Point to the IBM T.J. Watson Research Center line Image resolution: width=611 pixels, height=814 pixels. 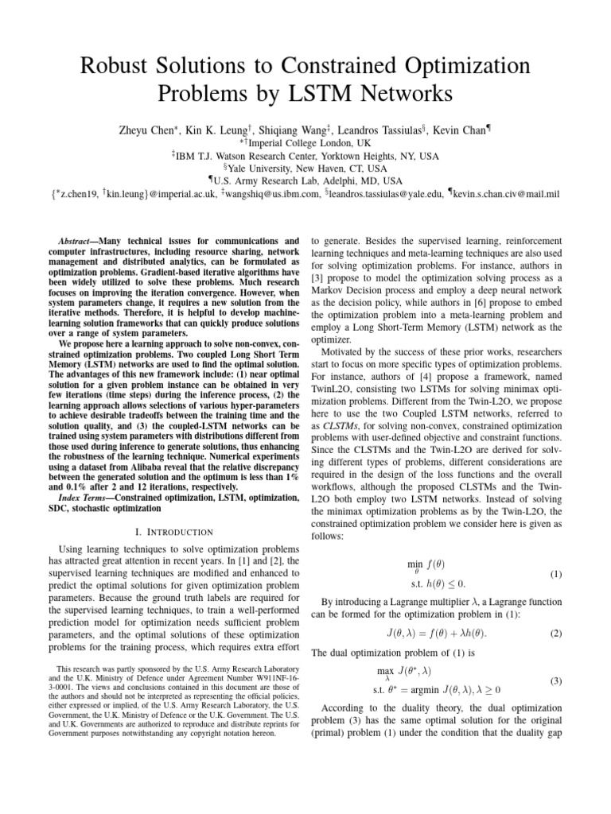coord(305,157)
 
